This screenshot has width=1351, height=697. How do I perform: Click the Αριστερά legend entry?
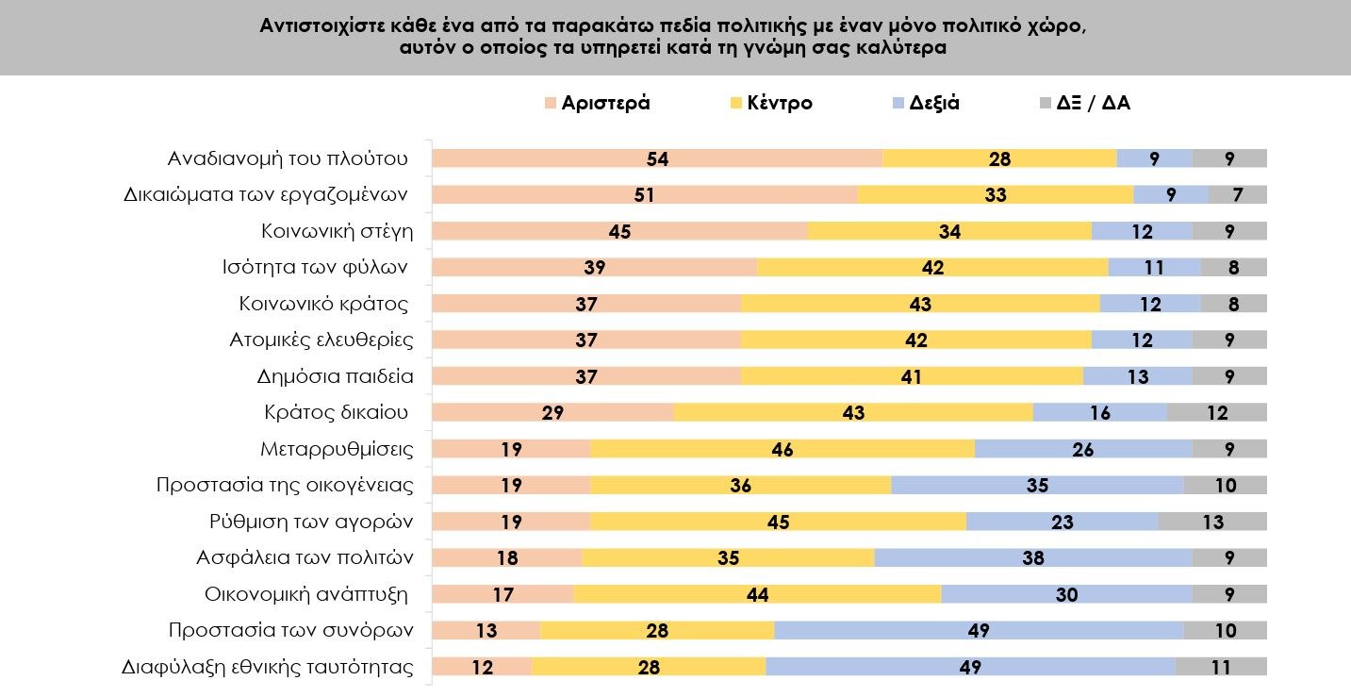[605, 103]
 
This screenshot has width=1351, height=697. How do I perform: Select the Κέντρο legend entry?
[779, 103]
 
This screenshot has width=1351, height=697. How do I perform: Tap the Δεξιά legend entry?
[934, 103]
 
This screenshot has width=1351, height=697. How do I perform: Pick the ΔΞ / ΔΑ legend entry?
[1093, 103]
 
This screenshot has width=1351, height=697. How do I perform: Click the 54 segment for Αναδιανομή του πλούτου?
[657, 158]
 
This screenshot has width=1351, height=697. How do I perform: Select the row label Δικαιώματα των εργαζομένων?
[266, 195]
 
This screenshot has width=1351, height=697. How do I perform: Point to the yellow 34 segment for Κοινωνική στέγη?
[949, 231]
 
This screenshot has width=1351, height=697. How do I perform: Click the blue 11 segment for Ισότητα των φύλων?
[1154, 268]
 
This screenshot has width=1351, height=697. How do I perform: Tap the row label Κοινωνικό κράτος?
[323, 304]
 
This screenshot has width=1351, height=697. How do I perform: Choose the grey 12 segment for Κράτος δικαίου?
[1216, 412]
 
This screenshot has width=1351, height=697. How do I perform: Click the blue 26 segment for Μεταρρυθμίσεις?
[1083, 449]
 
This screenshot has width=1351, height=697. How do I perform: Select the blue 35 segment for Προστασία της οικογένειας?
[1037, 485]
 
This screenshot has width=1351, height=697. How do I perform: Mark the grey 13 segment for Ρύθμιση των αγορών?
[1212, 522]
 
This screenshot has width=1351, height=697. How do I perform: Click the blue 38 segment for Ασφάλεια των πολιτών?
[1033, 557]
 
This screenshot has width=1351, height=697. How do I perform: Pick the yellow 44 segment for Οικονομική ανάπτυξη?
[757, 594]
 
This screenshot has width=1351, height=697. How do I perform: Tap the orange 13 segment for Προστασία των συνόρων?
[486, 630]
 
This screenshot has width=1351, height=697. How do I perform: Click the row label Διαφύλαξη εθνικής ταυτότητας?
[268, 667]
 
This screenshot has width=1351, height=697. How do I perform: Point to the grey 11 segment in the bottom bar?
[1221, 667]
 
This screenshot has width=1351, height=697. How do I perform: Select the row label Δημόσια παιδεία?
[336, 376]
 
